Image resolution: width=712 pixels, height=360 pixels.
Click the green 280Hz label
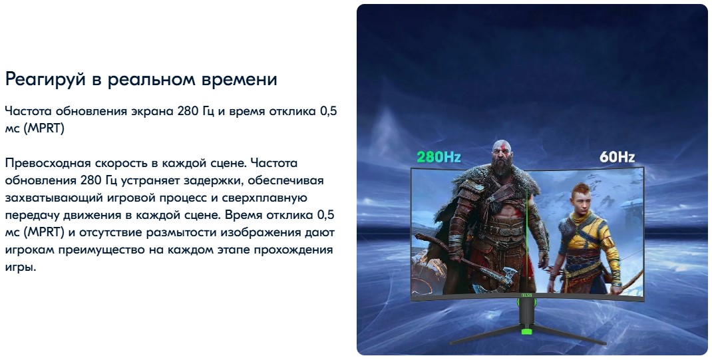[x=439, y=158]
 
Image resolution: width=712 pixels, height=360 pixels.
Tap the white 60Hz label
[x=617, y=158]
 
